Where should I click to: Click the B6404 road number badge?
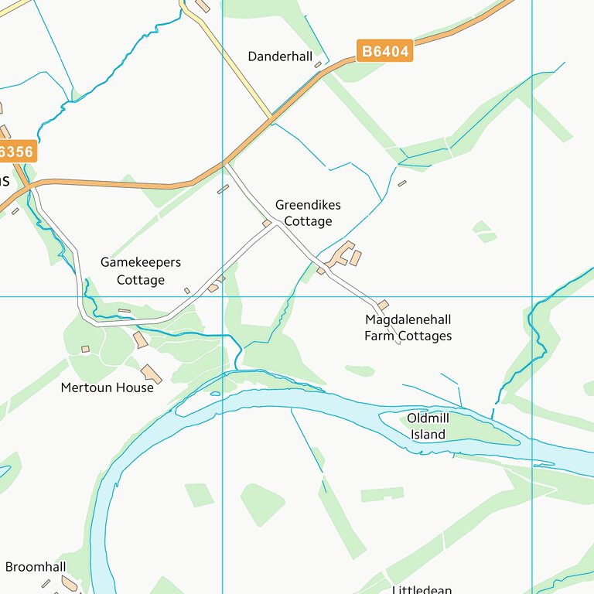[385, 52]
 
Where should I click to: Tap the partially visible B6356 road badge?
[15, 152]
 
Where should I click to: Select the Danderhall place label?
[280, 56]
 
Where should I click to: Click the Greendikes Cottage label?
[307, 213]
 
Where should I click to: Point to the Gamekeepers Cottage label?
[141, 271]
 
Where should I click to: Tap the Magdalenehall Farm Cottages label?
[408, 328]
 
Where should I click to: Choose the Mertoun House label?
[107, 387]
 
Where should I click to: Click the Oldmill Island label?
[428, 426]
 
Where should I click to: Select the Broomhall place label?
[36, 567]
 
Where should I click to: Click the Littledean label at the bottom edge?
[422, 589]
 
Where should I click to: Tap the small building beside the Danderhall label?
[318, 65]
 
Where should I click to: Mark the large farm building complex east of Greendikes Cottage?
[342, 254]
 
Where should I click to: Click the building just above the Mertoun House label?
[152, 374]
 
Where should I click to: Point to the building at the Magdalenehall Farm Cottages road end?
[383, 306]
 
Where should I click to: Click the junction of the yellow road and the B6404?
[271, 118]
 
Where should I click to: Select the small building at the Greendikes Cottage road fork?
[267, 224]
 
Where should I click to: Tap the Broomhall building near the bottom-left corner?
[70, 582]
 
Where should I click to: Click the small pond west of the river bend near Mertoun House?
[215, 393]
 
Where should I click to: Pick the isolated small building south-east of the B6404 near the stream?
[402, 183]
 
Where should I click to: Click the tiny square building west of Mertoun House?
[85, 349]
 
